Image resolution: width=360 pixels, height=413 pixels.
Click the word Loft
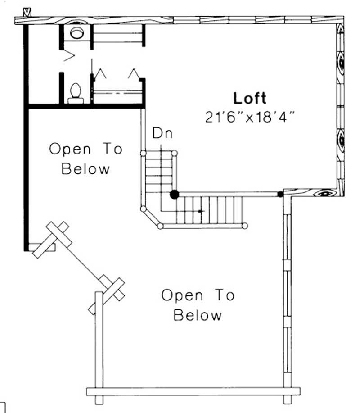[250, 98]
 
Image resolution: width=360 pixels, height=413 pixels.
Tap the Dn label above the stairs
[162, 133]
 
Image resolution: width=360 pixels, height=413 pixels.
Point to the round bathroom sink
[76, 32]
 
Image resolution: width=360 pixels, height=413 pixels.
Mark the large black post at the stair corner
[174, 194]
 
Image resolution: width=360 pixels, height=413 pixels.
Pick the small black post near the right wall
[280, 194]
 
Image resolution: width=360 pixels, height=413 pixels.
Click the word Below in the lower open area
[198, 315]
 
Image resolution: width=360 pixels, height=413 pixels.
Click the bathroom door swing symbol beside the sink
[68, 57]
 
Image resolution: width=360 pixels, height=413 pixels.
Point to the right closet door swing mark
[134, 73]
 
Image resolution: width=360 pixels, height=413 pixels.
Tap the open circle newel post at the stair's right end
[245, 226]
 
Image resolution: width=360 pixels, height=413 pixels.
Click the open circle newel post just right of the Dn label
[175, 154]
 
